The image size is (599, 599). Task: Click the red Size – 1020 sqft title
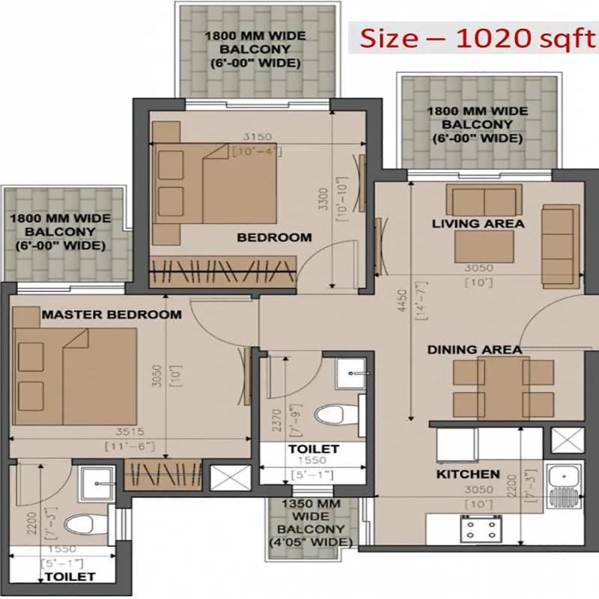click(x=478, y=38)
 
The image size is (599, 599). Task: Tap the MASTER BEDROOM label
click(x=112, y=314)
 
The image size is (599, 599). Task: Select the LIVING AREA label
click(x=478, y=223)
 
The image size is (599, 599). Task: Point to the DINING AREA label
click(x=475, y=350)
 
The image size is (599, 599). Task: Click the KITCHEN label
click(x=468, y=474)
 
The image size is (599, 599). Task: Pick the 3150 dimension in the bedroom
click(x=258, y=136)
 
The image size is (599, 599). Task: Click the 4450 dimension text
click(x=403, y=300)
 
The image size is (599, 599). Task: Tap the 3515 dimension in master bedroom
click(x=130, y=432)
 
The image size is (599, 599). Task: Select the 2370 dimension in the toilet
click(x=277, y=420)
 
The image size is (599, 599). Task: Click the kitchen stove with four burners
click(x=481, y=529)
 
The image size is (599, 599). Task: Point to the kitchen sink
click(x=564, y=485)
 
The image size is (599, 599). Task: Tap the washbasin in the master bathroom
click(x=97, y=484)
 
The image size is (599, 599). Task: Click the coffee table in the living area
click(x=484, y=247)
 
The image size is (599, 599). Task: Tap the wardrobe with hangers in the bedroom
click(x=222, y=272)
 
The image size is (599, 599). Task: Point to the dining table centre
click(x=503, y=389)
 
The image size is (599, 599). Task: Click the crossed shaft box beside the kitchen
click(x=568, y=440)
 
